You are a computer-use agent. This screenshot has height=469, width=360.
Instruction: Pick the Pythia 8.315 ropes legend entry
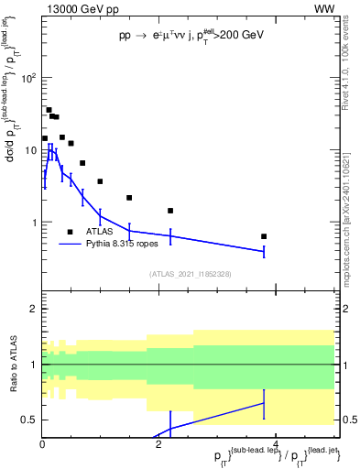click(x=118, y=245)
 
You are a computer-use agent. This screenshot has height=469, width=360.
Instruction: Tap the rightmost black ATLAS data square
click(x=264, y=236)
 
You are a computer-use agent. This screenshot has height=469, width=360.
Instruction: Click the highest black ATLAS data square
click(x=49, y=110)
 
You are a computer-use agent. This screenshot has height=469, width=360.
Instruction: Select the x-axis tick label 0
click(x=42, y=444)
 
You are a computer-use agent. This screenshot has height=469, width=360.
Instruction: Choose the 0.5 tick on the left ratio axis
click(x=28, y=420)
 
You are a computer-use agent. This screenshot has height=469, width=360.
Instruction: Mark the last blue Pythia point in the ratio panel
click(x=264, y=403)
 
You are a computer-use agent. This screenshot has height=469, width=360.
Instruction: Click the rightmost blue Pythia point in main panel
click(x=264, y=251)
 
